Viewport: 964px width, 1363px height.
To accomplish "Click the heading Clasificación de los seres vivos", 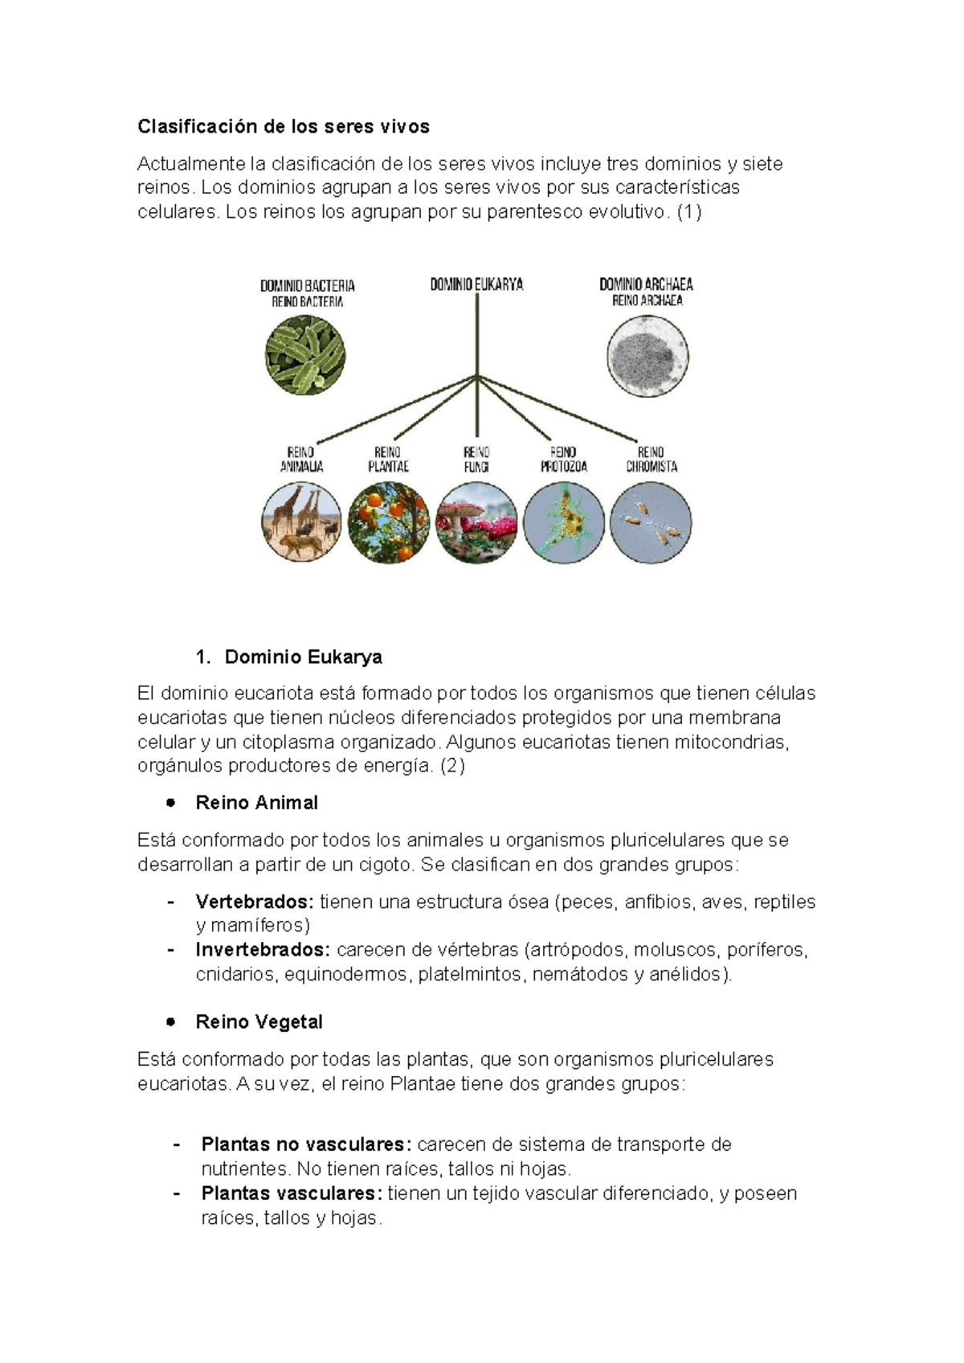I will click(283, 127).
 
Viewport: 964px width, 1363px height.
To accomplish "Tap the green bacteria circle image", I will click(305, 355).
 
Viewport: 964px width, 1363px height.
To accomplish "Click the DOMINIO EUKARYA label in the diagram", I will click(476, 284).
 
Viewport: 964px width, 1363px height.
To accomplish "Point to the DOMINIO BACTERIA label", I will click(307, 285).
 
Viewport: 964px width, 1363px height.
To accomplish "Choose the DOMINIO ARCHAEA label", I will click(646, 284).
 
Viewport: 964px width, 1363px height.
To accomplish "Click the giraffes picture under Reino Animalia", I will click(301, 522).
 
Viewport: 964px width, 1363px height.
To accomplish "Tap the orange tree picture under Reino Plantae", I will click(389, 522).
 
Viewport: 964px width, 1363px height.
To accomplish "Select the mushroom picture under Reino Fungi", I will click(476, 522).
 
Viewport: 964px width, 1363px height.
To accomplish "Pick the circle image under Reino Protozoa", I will click(563, 522).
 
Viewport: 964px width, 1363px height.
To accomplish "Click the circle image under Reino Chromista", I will click(651, 522).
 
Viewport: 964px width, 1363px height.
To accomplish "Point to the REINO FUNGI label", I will click(476, 459).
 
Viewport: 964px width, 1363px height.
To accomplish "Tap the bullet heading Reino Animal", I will click(256, 803).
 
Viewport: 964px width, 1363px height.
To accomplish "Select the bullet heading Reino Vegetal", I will click(259, 1022).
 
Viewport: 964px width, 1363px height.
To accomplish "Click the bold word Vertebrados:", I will click(254, 902).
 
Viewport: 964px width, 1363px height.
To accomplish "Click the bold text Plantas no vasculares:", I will click(306, 1144).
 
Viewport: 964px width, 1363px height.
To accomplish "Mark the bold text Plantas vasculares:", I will click(292, 1193).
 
